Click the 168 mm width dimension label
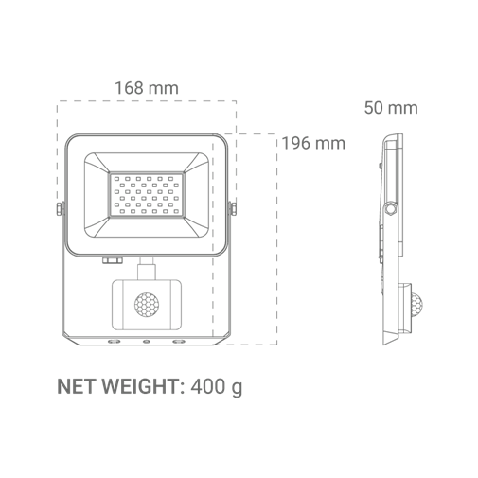coord(147,88)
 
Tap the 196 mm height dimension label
coord(313,143)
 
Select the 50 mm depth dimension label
coord(391,108)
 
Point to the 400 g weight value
coord(217,387)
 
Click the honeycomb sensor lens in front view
coord(147,305)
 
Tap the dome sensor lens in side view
coord(416,305)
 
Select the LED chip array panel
coord(147,195)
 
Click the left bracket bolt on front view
coord(60,209)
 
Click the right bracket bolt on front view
coord(233,209)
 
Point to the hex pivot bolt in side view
coord(391,208)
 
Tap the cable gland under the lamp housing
coord(112,260)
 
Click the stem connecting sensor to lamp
coord(147,268)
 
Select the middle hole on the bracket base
coord(147,341)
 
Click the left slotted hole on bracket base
coord(114,341)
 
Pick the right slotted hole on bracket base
coord(179,341)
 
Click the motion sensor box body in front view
coord(147,305)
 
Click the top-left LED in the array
coord(116,179)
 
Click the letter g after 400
coord(238,389)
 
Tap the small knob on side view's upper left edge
coord(381,166)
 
